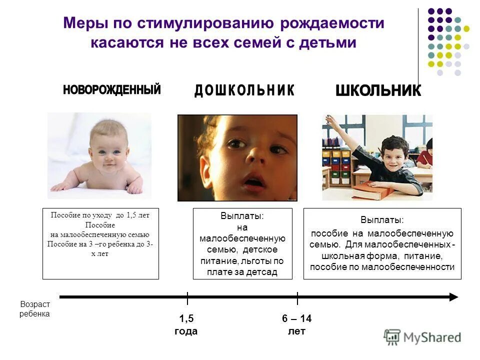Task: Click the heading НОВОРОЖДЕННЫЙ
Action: coord(112,90)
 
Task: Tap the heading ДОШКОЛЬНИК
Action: coord(244,90)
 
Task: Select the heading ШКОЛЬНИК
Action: coord(378,90)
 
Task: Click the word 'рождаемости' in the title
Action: coord(332,23)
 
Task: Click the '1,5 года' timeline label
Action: coord(186,325)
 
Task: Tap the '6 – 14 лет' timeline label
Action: coord(296,325)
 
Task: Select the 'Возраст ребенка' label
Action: coord(35,309)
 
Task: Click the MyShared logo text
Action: coord(432,337)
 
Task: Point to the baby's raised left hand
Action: coord(134,188)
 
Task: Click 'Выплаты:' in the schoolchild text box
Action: coord(382,220)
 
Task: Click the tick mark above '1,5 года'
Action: coord(187,298)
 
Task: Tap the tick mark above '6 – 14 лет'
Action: coord(297,298)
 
